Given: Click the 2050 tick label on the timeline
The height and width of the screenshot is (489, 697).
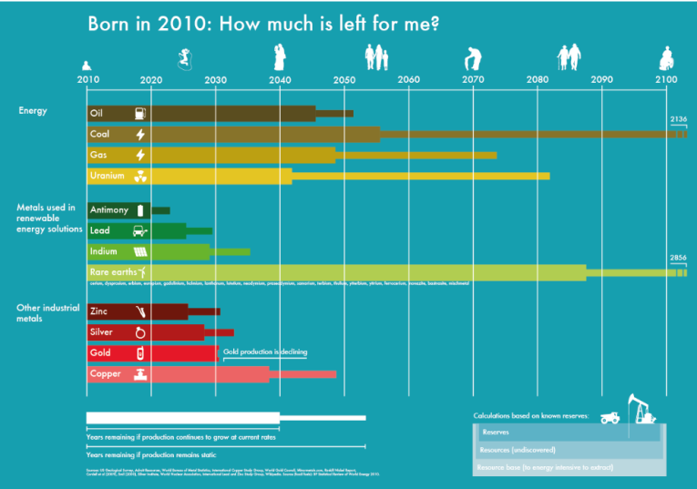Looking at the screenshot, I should pyautogui.click(x=344, y=80).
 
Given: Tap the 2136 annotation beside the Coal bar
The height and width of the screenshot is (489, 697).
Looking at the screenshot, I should pyautogui.click(x=678, y=120).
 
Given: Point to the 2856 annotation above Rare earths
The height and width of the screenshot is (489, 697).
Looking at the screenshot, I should pyautogui.click(x=678, y=259).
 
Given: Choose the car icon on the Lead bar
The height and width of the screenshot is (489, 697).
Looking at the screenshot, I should pyautogui.click(x=140, y=231).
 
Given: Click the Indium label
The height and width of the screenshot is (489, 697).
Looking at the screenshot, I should pyautogui.click(x=103, y=251).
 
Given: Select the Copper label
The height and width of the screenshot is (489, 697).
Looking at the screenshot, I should pyautogui.click(x=105, y=374).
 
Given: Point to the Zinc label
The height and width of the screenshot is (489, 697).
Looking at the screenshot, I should pyautogui.click(x=99, y=311).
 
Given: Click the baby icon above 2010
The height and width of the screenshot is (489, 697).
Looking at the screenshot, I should pyautogui.click(x=87, y=65).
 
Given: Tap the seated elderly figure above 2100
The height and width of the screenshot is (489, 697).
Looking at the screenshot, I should pyautogui.click(x=666, y=59).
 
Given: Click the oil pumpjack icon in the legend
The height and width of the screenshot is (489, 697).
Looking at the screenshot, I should pyautogui.click(x=641, y=409).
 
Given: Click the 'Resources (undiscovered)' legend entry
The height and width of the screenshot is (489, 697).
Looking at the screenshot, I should pyautogui.click(x=517, y=450).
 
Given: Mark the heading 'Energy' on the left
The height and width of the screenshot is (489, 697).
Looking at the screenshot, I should pyautogui.click(x=33, y=111).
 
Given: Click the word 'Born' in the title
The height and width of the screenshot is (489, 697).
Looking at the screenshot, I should pyautogui.click(x=110, y=25).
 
